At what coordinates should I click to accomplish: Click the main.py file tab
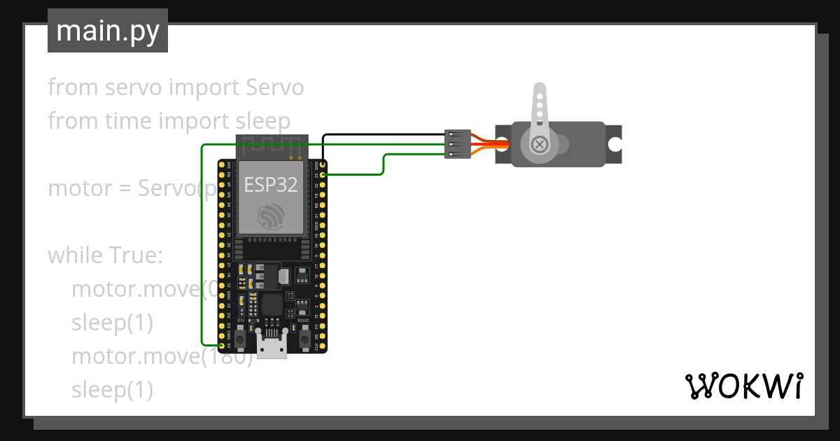click(108, 31)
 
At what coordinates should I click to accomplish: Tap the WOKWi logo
click(743, 386)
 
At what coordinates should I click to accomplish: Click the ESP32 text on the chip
click(270, 184)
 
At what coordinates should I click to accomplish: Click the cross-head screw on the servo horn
click(539, 145)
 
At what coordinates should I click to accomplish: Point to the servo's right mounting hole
click(615, 144)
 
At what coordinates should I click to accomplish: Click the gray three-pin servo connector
click(457, 144)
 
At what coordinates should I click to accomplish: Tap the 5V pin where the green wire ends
click(222, 346)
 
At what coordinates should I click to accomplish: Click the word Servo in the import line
click(275, 87)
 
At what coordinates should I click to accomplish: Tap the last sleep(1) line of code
click(112, 390)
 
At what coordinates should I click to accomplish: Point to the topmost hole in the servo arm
click(539, 90)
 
